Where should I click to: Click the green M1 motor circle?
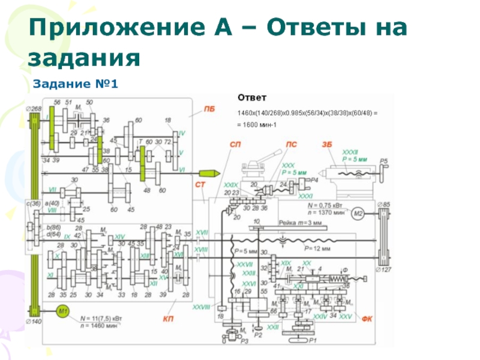(64, 310)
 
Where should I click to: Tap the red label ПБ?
(209, 109)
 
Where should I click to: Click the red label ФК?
(367, 319)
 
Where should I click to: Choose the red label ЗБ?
(327, 145)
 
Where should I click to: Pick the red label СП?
(236, 145)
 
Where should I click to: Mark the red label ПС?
(291, 145)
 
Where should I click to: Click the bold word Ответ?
(252, 97)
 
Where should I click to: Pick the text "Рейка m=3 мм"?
(299, 223)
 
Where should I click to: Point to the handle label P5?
(383, 161)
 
